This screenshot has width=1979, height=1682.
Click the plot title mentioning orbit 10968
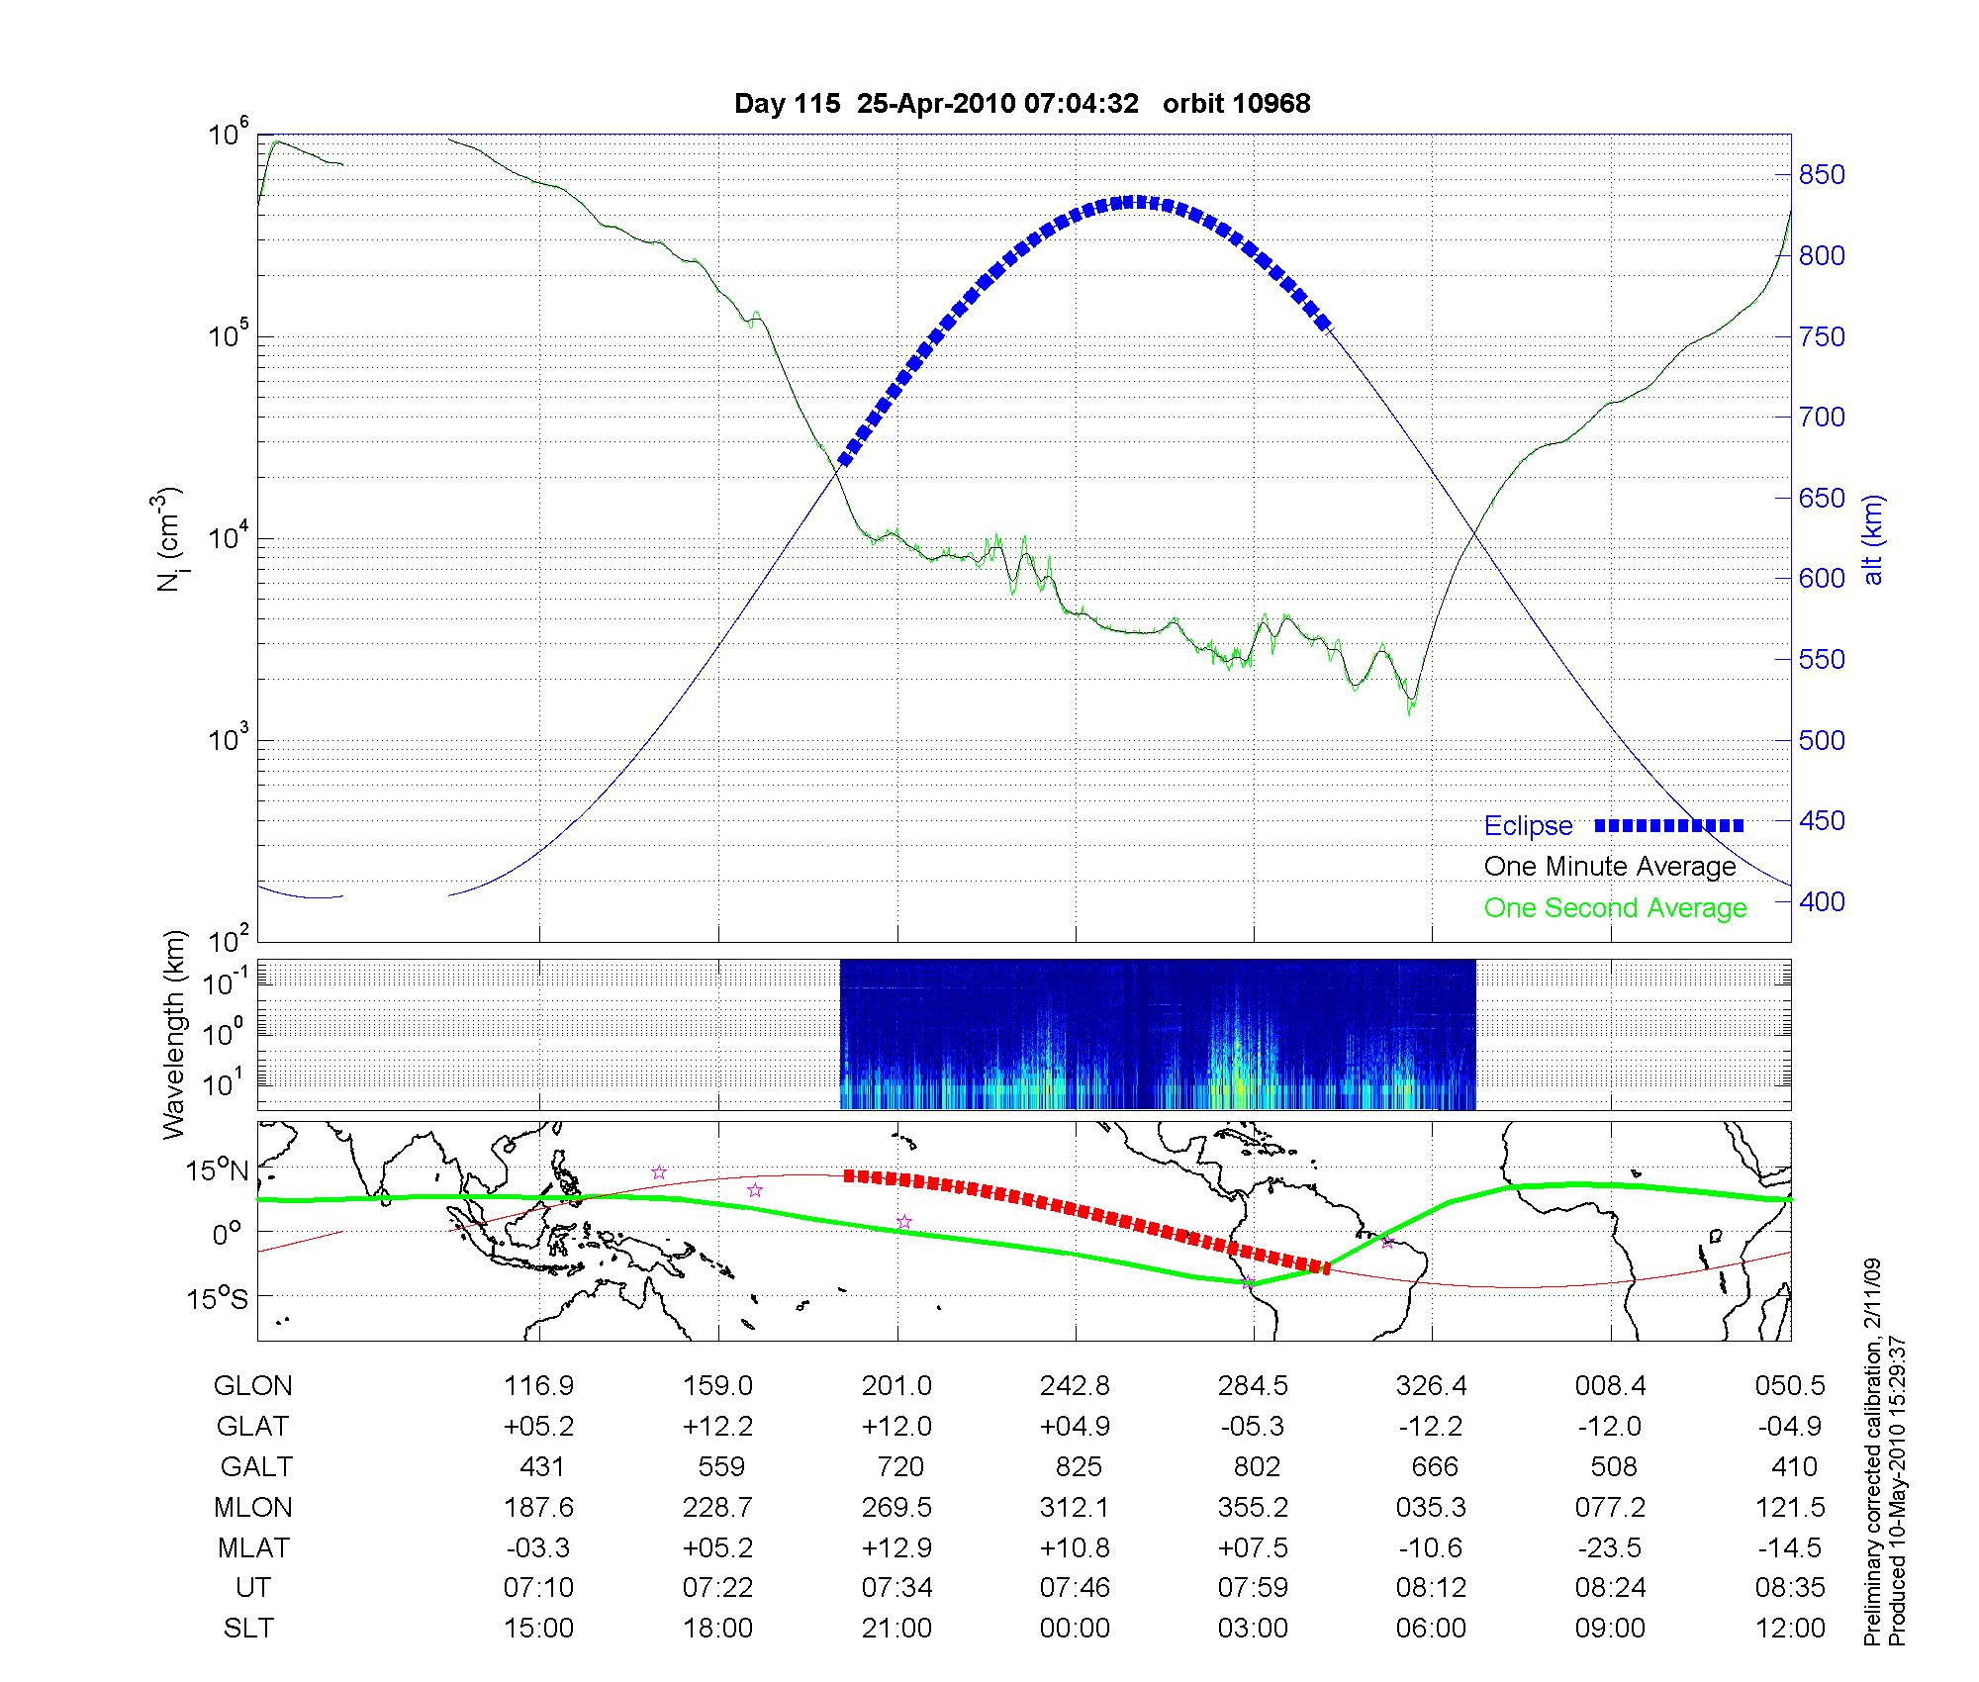[1022, 104]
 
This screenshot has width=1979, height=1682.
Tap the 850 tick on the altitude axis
[1822, 175]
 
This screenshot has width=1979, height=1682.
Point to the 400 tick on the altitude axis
[1822, 901]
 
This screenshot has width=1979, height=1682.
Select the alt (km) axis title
[1873, 538]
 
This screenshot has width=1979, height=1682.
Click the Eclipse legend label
[1528, 826]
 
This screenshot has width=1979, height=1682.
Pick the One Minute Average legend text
[1610, 867]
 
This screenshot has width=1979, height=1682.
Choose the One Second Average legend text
[1615, 908]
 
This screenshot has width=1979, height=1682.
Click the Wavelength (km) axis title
[174, 1034]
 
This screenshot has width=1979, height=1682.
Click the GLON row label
[253, 1386]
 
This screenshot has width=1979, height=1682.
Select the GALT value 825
[1078, 1466]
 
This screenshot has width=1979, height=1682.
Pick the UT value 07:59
[1254, 1588]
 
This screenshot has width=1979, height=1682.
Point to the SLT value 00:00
[1076, 1629]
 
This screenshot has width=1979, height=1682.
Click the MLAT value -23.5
[1610, 1547]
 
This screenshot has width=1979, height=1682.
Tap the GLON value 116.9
[539, 1386]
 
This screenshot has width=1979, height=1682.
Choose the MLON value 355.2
[1254, 1507]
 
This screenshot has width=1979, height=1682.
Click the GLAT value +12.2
[717, 1426]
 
